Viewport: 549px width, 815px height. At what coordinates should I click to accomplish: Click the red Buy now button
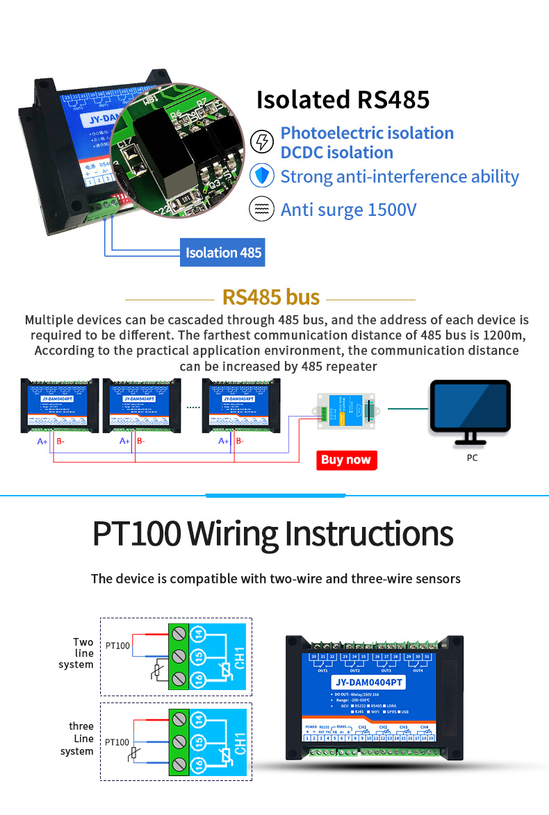[x=345, y=460]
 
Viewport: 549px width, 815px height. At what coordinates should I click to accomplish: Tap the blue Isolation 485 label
[x=223, y=253]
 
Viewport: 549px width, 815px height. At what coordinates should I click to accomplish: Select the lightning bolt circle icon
[x=261, y=142]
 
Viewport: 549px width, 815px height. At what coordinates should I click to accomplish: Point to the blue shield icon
[x=261, y=176]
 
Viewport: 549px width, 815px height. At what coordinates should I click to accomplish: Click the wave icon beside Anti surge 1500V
[x=261, y=209]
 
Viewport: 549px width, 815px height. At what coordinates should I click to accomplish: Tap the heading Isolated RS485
[x=343, y=100]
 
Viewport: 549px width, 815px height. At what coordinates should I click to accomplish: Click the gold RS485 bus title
[x=270, y=298]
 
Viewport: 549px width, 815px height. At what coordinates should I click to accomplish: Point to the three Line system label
[x=78, y=739]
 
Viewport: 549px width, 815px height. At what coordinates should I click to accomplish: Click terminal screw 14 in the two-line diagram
[x=179, y=633]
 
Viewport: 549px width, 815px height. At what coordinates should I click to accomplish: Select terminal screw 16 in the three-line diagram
[x=179, y=765]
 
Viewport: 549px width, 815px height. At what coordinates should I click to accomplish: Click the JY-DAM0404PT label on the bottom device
[x=366, y=682]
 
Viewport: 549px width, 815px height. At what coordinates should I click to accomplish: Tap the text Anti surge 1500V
[x=348, y=209]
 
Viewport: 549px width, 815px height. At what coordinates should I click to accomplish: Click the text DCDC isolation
[x=336, y=153]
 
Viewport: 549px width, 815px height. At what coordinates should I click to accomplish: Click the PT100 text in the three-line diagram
[x=117, y=742]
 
